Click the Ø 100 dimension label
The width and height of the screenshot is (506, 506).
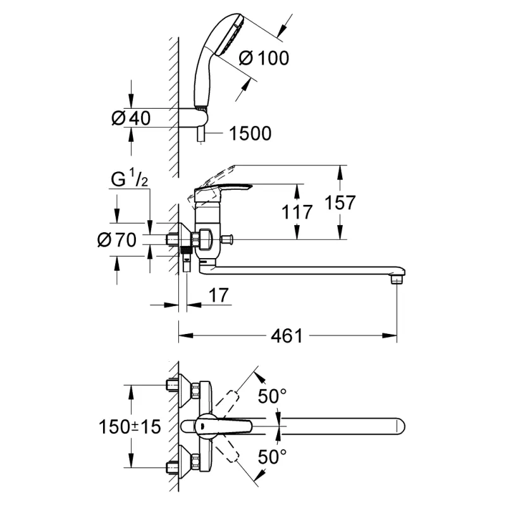[x=264, y=58]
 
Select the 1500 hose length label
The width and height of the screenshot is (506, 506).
[x=250, y=133]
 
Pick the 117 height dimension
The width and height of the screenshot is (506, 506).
[x=297, y=212]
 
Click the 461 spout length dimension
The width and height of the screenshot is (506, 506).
[x=287, y=335]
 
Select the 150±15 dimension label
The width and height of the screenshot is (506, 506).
[x=130, y=426]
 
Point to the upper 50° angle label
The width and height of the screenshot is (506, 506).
[x=272, y=397]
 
